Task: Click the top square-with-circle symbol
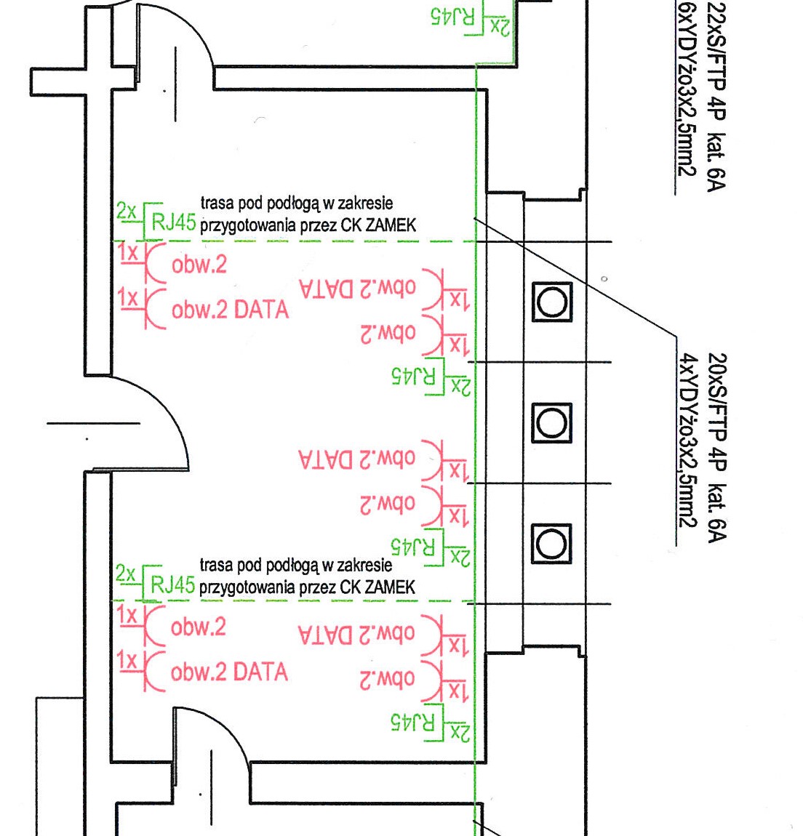coord(552,302)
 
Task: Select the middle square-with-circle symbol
coord(551,423)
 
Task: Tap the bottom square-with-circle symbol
coord(551,544)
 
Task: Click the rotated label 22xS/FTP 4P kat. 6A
coord(716,96)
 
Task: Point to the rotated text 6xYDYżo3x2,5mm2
coord(687,88)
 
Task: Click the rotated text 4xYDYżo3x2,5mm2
coord(687,440)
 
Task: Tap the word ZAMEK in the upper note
coord(391,225)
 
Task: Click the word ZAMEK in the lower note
coord(389,587)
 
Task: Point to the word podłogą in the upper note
coord(293,204)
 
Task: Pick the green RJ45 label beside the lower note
coord(172,584)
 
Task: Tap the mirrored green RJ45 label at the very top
coord(452,16)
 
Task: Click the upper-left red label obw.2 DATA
coord(230,310)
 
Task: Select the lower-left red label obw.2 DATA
coord(229,672)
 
